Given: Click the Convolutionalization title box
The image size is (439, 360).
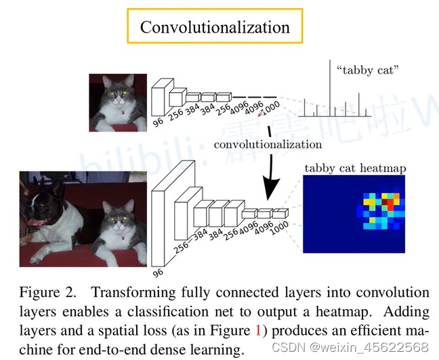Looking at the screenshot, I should pos(214,27).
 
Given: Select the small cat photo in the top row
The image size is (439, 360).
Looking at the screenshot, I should pos(118,102).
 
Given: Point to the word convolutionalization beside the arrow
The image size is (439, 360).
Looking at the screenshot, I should pos(268,144).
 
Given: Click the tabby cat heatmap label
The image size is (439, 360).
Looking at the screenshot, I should pos(355,168).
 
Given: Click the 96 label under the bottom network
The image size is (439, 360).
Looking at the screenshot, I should pos(156,273).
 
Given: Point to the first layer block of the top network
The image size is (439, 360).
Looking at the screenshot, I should pos(159,96).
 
